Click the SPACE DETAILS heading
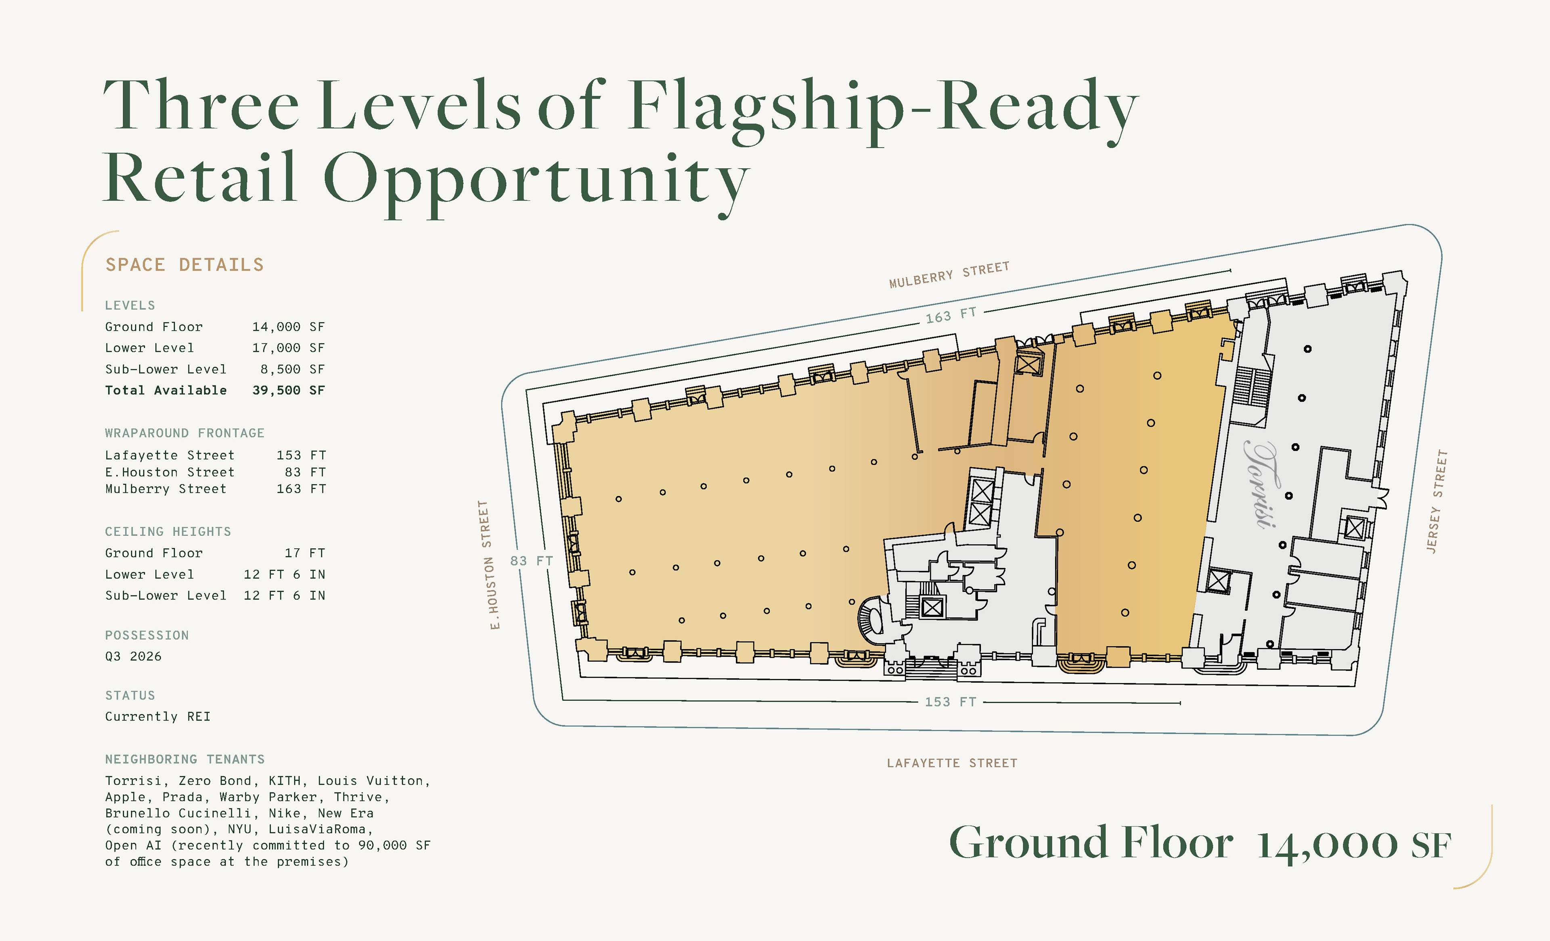tap(184, 265)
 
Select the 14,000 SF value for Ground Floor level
tap(288, 327)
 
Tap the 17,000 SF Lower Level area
tap(288, 348)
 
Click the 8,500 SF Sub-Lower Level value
tap(293, 369)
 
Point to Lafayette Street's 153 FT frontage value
tap(301, 455)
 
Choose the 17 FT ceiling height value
tap(305, 553)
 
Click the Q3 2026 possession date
tap(133, 656)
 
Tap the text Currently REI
tap(158, 717)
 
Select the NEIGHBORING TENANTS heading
tap(185, 759)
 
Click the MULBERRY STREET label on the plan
tap(949, 275)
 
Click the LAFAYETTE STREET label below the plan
tap(952, 763)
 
